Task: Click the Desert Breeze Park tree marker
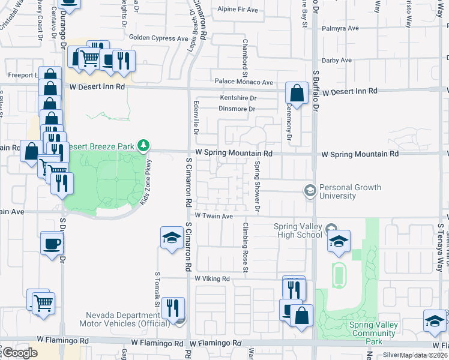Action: pyautogui.click(x=143, y=145)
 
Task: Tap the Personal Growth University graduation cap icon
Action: pyautogui.click(x=310, y=190)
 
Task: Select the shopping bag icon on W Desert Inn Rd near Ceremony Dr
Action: pyautogui.click(x=297, y=94)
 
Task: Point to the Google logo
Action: pyautogui.click(x=20, y=353)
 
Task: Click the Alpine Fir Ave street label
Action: pyautogui.click(x=237, y=10)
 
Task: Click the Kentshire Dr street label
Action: pyautogui.click(x=238, y=98)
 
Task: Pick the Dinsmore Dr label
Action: pyautogui.click(x=237, y=109)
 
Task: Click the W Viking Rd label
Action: pyautogui.click(x=212, y=279)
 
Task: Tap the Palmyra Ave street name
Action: pyautogui.click(x=340, y=28)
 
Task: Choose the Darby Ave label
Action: pyautogui.click(x=337, y=61)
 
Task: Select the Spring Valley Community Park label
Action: pyautogui.click(x=365, y=329)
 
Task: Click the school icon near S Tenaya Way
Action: pyautogui.click(x=435, y=322)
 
